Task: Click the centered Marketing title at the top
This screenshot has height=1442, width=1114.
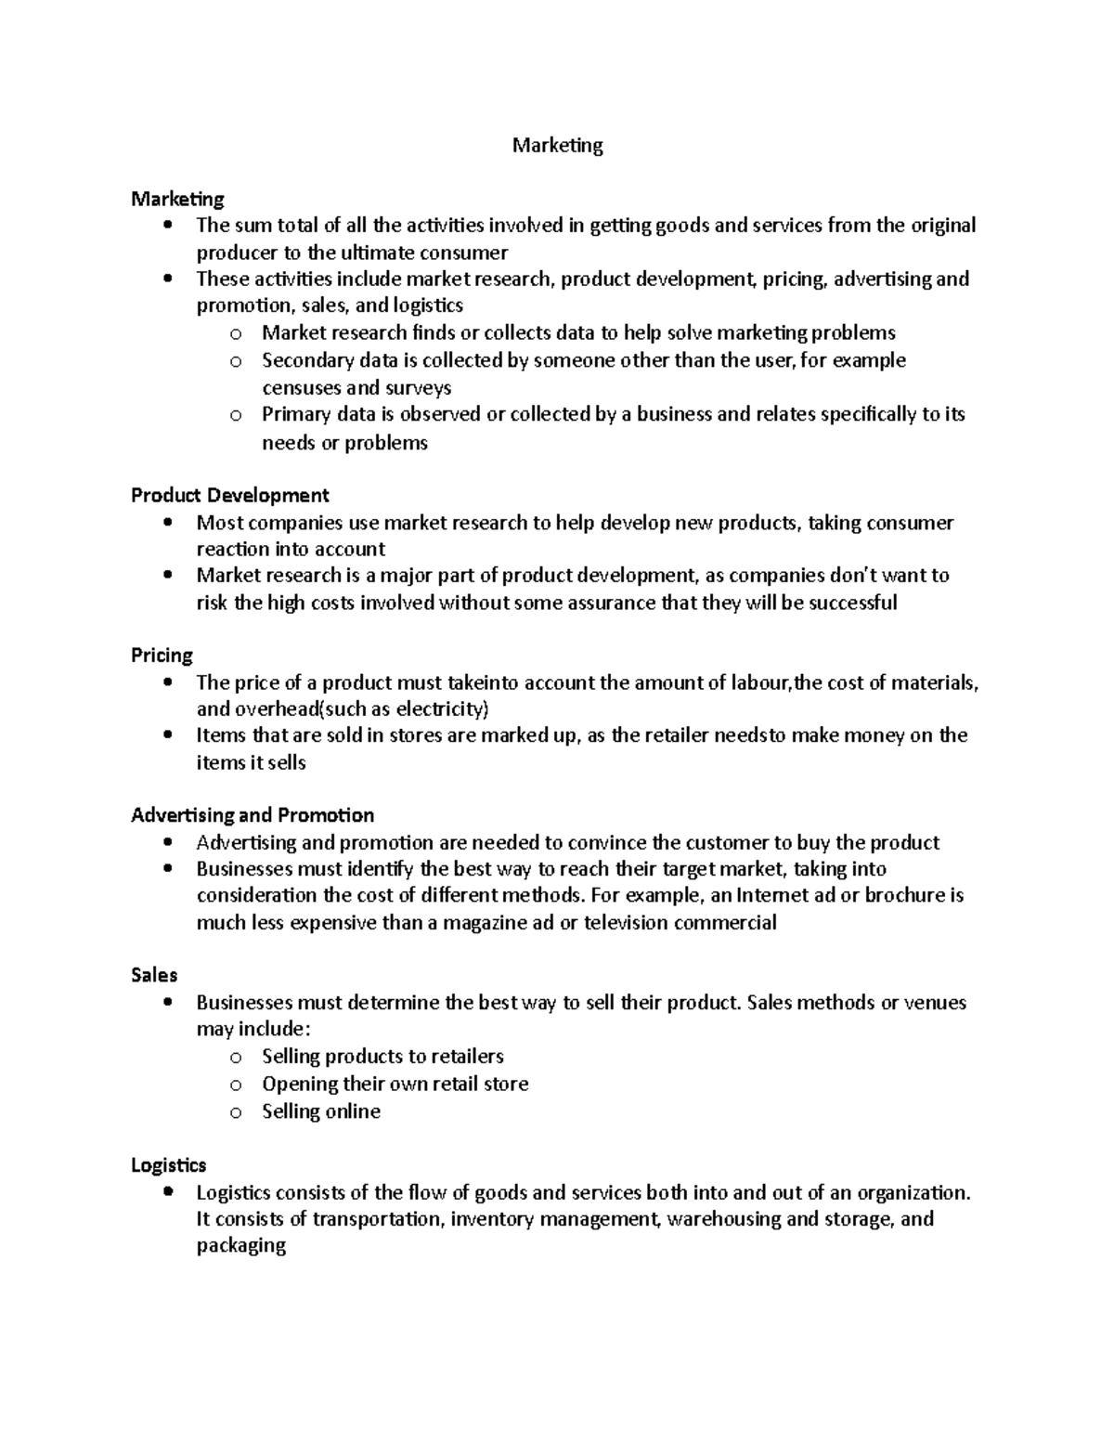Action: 557,146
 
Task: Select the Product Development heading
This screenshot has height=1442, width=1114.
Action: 229,495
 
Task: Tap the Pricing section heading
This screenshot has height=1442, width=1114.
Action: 162,656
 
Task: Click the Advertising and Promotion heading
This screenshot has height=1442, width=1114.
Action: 253,815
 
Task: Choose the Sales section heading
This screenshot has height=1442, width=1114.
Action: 154,975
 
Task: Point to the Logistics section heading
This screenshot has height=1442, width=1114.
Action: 168,1165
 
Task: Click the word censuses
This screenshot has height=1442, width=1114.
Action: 301,388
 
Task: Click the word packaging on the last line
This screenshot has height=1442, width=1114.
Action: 240,1246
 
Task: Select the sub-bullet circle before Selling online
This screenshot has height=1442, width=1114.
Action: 236,1112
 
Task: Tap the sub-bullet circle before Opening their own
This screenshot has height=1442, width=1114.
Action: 236,1085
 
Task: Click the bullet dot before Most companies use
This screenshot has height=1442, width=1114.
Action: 167,523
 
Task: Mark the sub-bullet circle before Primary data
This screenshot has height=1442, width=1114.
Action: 236,415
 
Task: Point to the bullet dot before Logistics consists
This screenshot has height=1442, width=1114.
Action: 167,1192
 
